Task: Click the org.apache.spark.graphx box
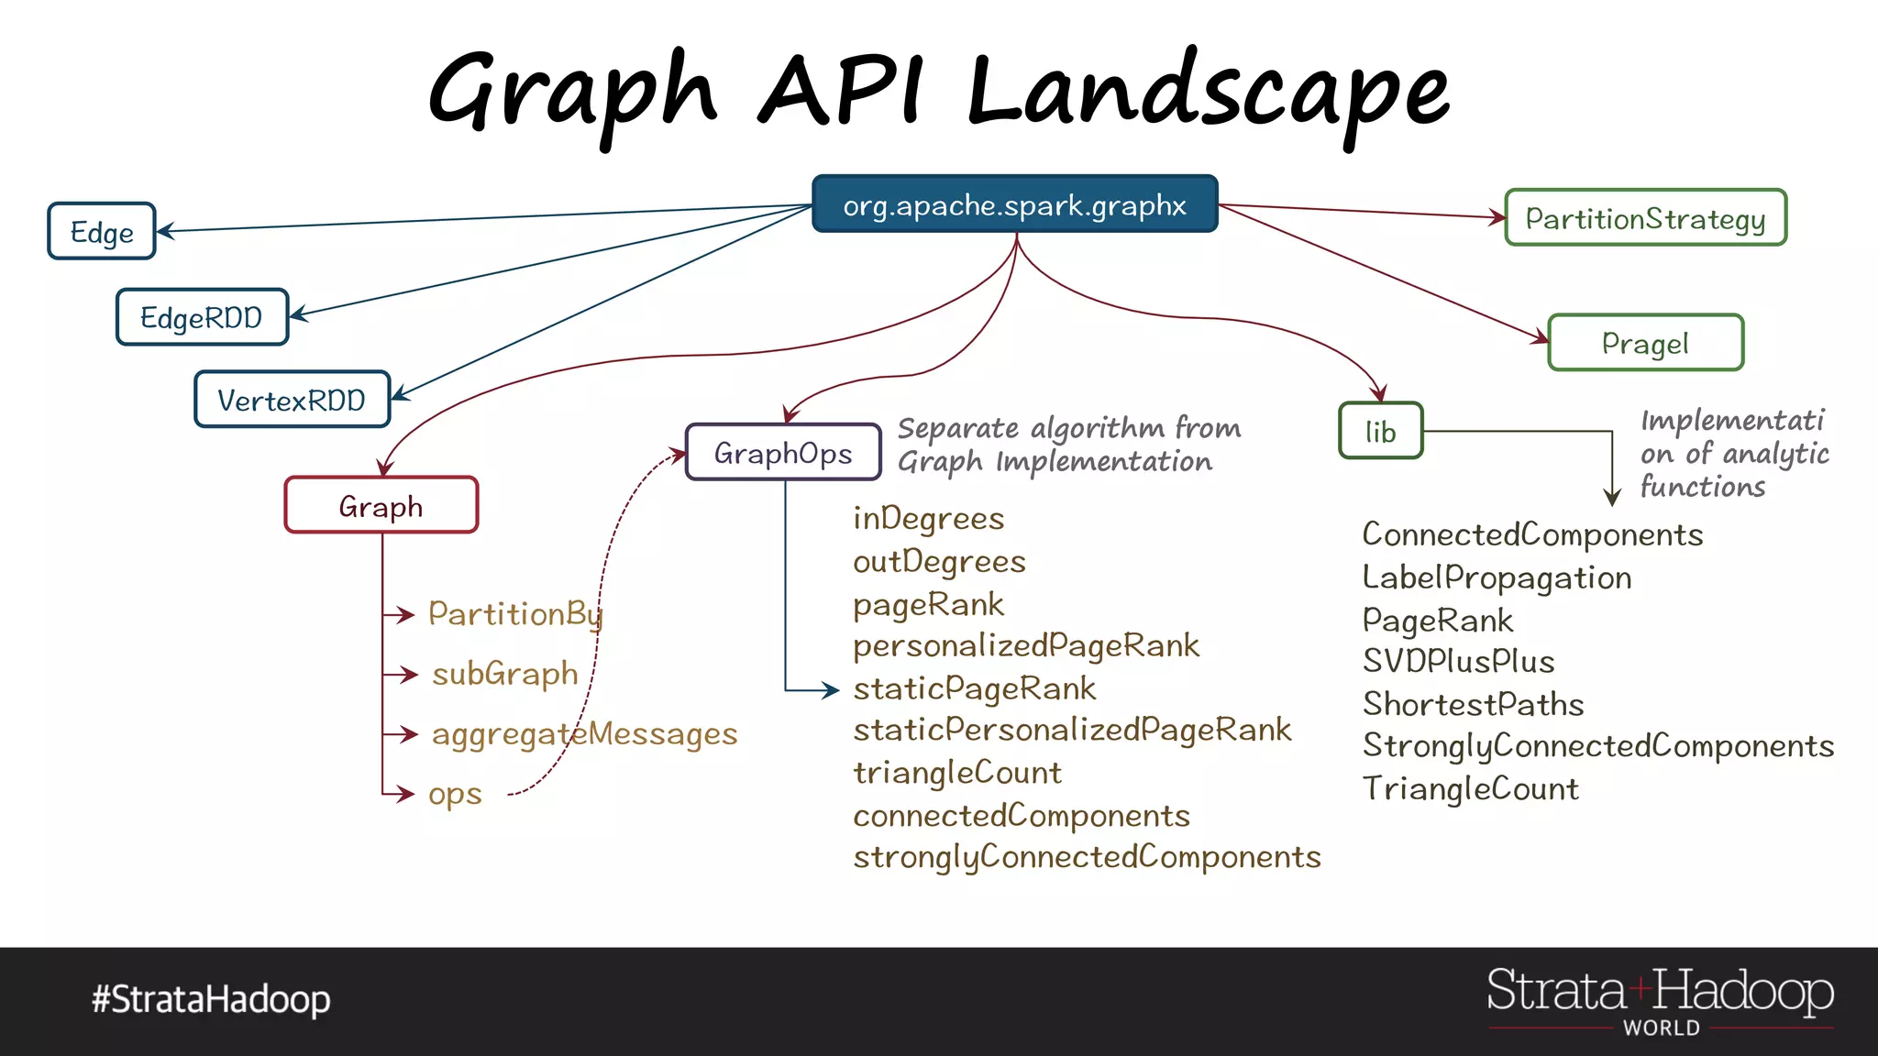coord(1014,204)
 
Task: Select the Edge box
coord(102,232)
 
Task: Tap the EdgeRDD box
coord(202,317)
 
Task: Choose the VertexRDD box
coord(292,400)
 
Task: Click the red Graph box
coord(381,505)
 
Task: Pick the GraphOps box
coord(783,452)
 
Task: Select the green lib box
coord(1380,431)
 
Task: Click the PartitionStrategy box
coord(1645,218)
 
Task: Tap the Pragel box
coord(1645,343)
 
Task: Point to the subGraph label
coord(505,674)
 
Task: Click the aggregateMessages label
coord(584,733)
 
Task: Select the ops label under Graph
coord(455,794)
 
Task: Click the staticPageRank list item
coord(974,688)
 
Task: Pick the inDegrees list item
coord(928,519)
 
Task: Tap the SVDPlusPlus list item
coord(1458,661)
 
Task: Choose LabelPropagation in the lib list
coord(1497,577)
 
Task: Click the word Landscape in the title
coord(1209,92)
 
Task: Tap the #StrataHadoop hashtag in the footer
coord(211,998)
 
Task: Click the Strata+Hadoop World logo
coord(1660,1000)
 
